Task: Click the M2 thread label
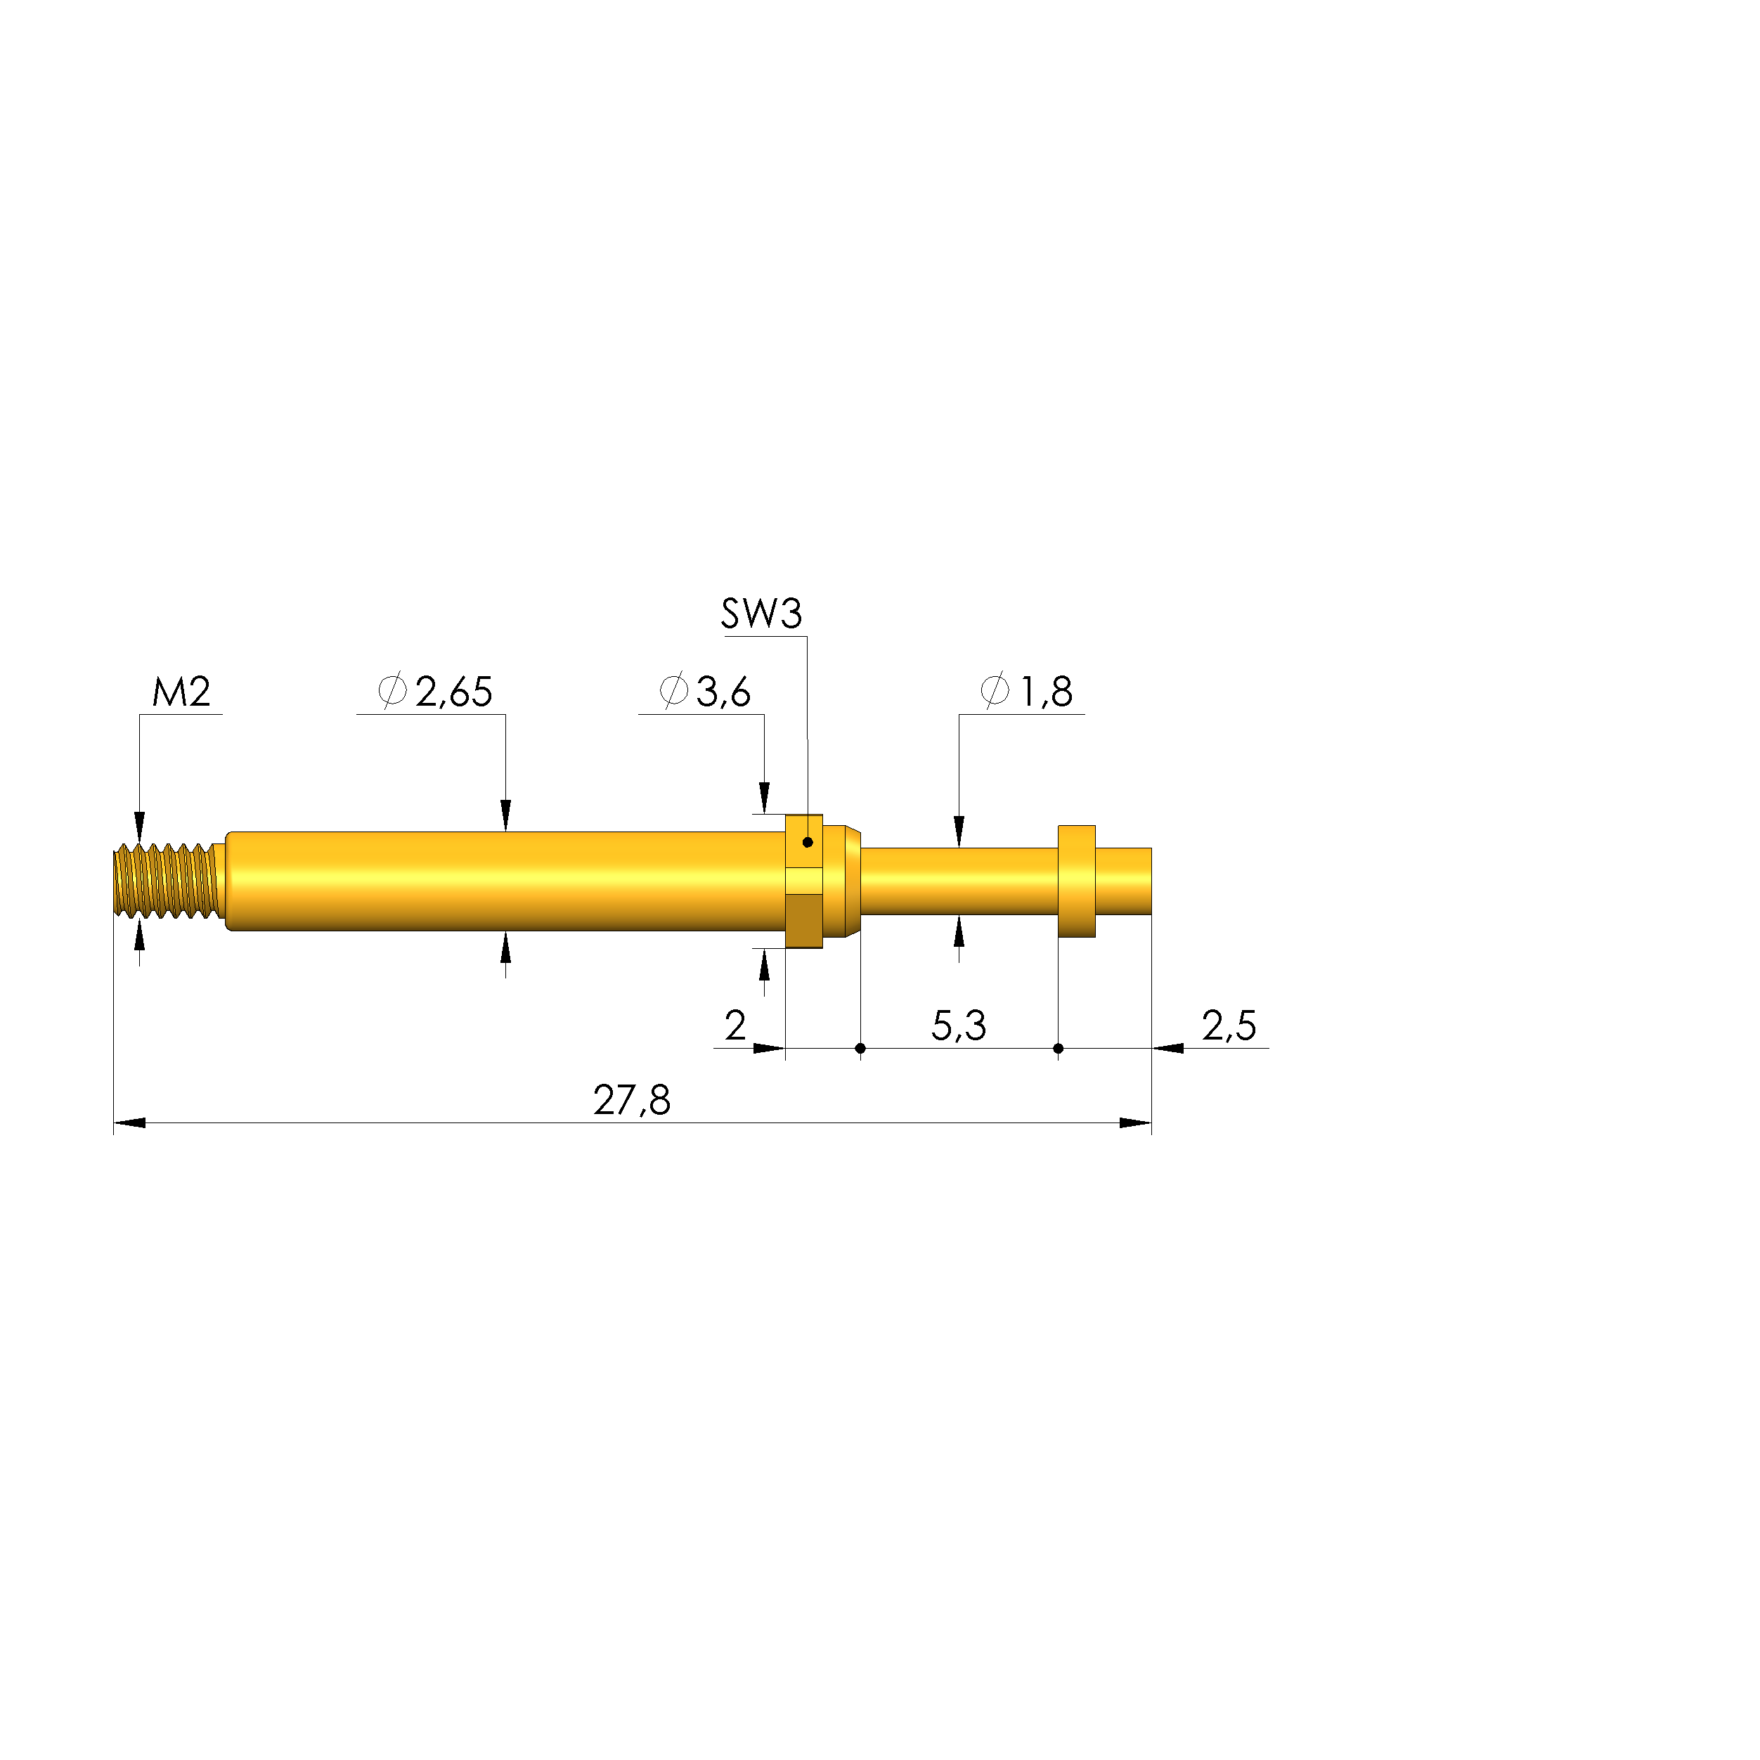click(181, 692)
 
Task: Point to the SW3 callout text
click(762, 614)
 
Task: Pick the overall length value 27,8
click(632, 1101)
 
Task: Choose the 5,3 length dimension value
click(958, 1025)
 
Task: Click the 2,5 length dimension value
click(1229, 1025)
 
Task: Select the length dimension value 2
click(735, 1025)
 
